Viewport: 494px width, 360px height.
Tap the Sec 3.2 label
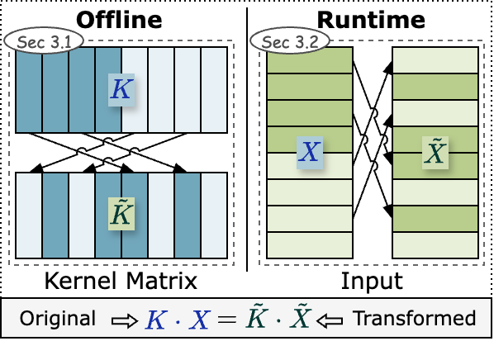click(x=289, y=41)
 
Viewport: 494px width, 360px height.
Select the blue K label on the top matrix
click(x=121, y=89)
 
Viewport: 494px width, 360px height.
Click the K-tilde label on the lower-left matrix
click(x=121, y=214)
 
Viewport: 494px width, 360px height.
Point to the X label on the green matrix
click(x=310, y=153)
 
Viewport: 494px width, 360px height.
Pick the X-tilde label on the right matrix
click(x=435, y=153)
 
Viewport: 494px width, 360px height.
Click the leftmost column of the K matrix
click(x=29, y=89)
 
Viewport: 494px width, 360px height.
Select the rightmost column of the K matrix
click(x=214, y=89)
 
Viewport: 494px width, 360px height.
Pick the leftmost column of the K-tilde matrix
click(x=29, y=215)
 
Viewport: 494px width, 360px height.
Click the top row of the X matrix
click(x=310, y=60)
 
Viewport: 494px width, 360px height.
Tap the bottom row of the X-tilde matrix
click(x=435, y=244)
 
